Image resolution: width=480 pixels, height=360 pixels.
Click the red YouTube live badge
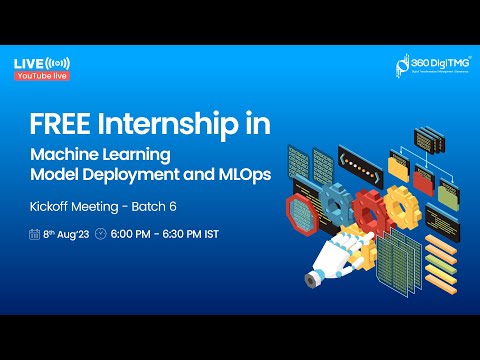(x=41, y=76)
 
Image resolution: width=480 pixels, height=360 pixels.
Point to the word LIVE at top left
(x=27, y=63)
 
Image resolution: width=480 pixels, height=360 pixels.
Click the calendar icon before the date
(x=34, y=234)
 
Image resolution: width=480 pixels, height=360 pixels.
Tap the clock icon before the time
(x=100, y=234)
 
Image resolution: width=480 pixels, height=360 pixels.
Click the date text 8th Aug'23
(x=66, y=234)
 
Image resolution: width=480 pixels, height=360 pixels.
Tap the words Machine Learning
(x=100, y=156)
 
